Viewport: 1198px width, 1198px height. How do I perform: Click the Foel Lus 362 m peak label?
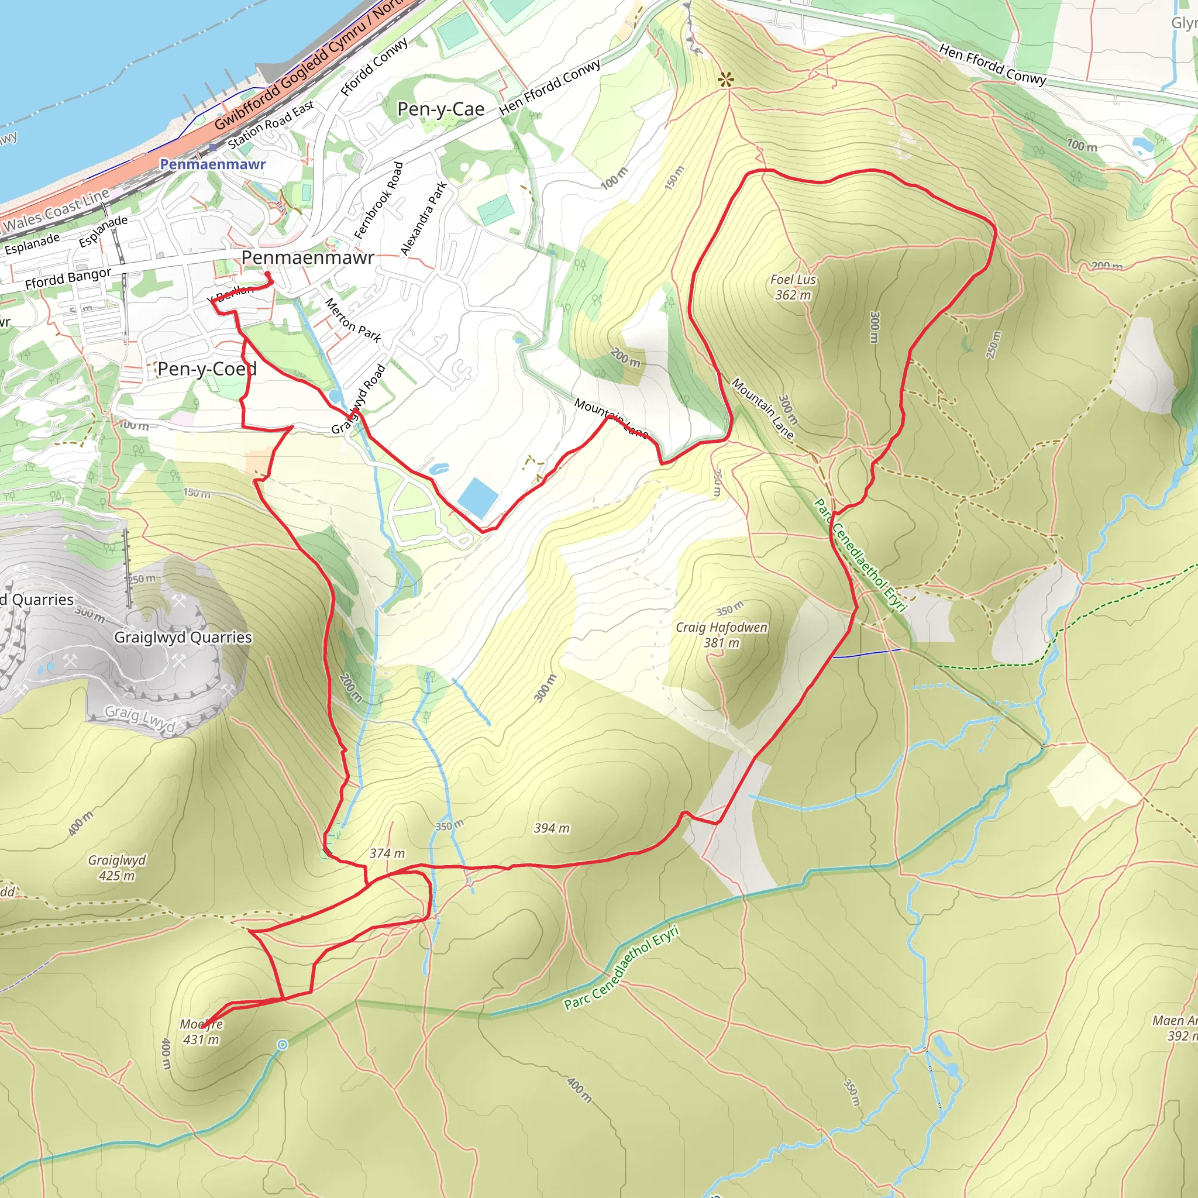(793, 287)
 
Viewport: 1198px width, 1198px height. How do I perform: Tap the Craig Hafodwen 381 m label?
(721, 635)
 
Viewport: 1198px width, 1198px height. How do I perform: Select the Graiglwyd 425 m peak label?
(116, 867)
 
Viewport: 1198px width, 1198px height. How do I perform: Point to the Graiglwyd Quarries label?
(183, 638)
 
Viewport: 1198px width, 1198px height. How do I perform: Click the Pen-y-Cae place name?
(440, 109)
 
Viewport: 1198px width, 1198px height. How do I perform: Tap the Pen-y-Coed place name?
(206, 369)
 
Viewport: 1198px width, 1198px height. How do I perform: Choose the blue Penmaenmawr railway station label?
(213, 164)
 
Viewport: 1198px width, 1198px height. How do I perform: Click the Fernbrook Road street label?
(379, 200)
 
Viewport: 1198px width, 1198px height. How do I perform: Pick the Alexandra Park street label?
(424, 218)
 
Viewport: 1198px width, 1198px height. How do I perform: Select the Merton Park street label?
(353, 320)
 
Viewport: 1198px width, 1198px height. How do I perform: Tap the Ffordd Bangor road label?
(68, 278)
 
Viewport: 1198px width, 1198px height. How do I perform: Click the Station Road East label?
(271, 125)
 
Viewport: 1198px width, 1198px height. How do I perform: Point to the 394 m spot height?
(551, 828)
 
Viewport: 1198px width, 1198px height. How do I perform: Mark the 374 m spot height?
(387, 853)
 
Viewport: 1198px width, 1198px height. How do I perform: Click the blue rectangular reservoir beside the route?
(477, 497)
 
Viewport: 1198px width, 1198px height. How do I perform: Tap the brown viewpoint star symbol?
(725, 80)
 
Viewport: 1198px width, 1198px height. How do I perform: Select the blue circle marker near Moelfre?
(282, 1045)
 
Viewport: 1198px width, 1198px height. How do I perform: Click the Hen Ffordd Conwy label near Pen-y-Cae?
(549, 87)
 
